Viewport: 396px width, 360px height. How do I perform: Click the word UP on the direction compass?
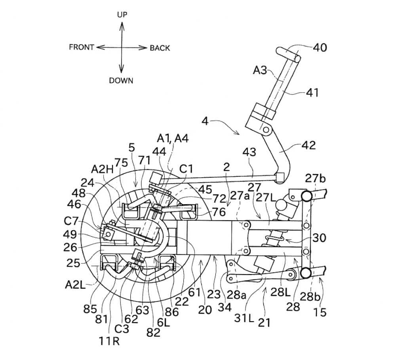point(122,15)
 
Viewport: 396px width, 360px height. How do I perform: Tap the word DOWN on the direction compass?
point(121,80)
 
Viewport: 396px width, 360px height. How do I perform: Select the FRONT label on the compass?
point(82,47)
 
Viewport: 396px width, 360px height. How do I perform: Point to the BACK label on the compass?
point(160,48)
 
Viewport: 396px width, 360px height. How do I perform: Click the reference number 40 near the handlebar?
point(320,47)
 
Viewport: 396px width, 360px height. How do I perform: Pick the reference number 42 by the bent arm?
point(308,145)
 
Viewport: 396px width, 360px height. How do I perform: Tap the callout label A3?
point(260,70)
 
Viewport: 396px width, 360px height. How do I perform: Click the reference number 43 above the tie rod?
point(249,152)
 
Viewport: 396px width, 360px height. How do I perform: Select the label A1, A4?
point(173,138)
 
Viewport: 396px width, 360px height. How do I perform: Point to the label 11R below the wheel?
point(109,341)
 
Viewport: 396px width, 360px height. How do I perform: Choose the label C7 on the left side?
point(71,221)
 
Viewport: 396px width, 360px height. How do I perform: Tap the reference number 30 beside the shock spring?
point(319,238)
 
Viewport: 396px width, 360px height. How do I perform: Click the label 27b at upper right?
point(316,178)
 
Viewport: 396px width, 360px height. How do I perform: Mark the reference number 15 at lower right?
point(320,313)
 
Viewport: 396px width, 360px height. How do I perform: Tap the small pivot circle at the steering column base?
point(266,130)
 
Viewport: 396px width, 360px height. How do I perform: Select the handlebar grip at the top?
point(288,55)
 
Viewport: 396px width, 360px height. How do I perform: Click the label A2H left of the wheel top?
point(102,169)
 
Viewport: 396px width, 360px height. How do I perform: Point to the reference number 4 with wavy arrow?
point(205,121)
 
